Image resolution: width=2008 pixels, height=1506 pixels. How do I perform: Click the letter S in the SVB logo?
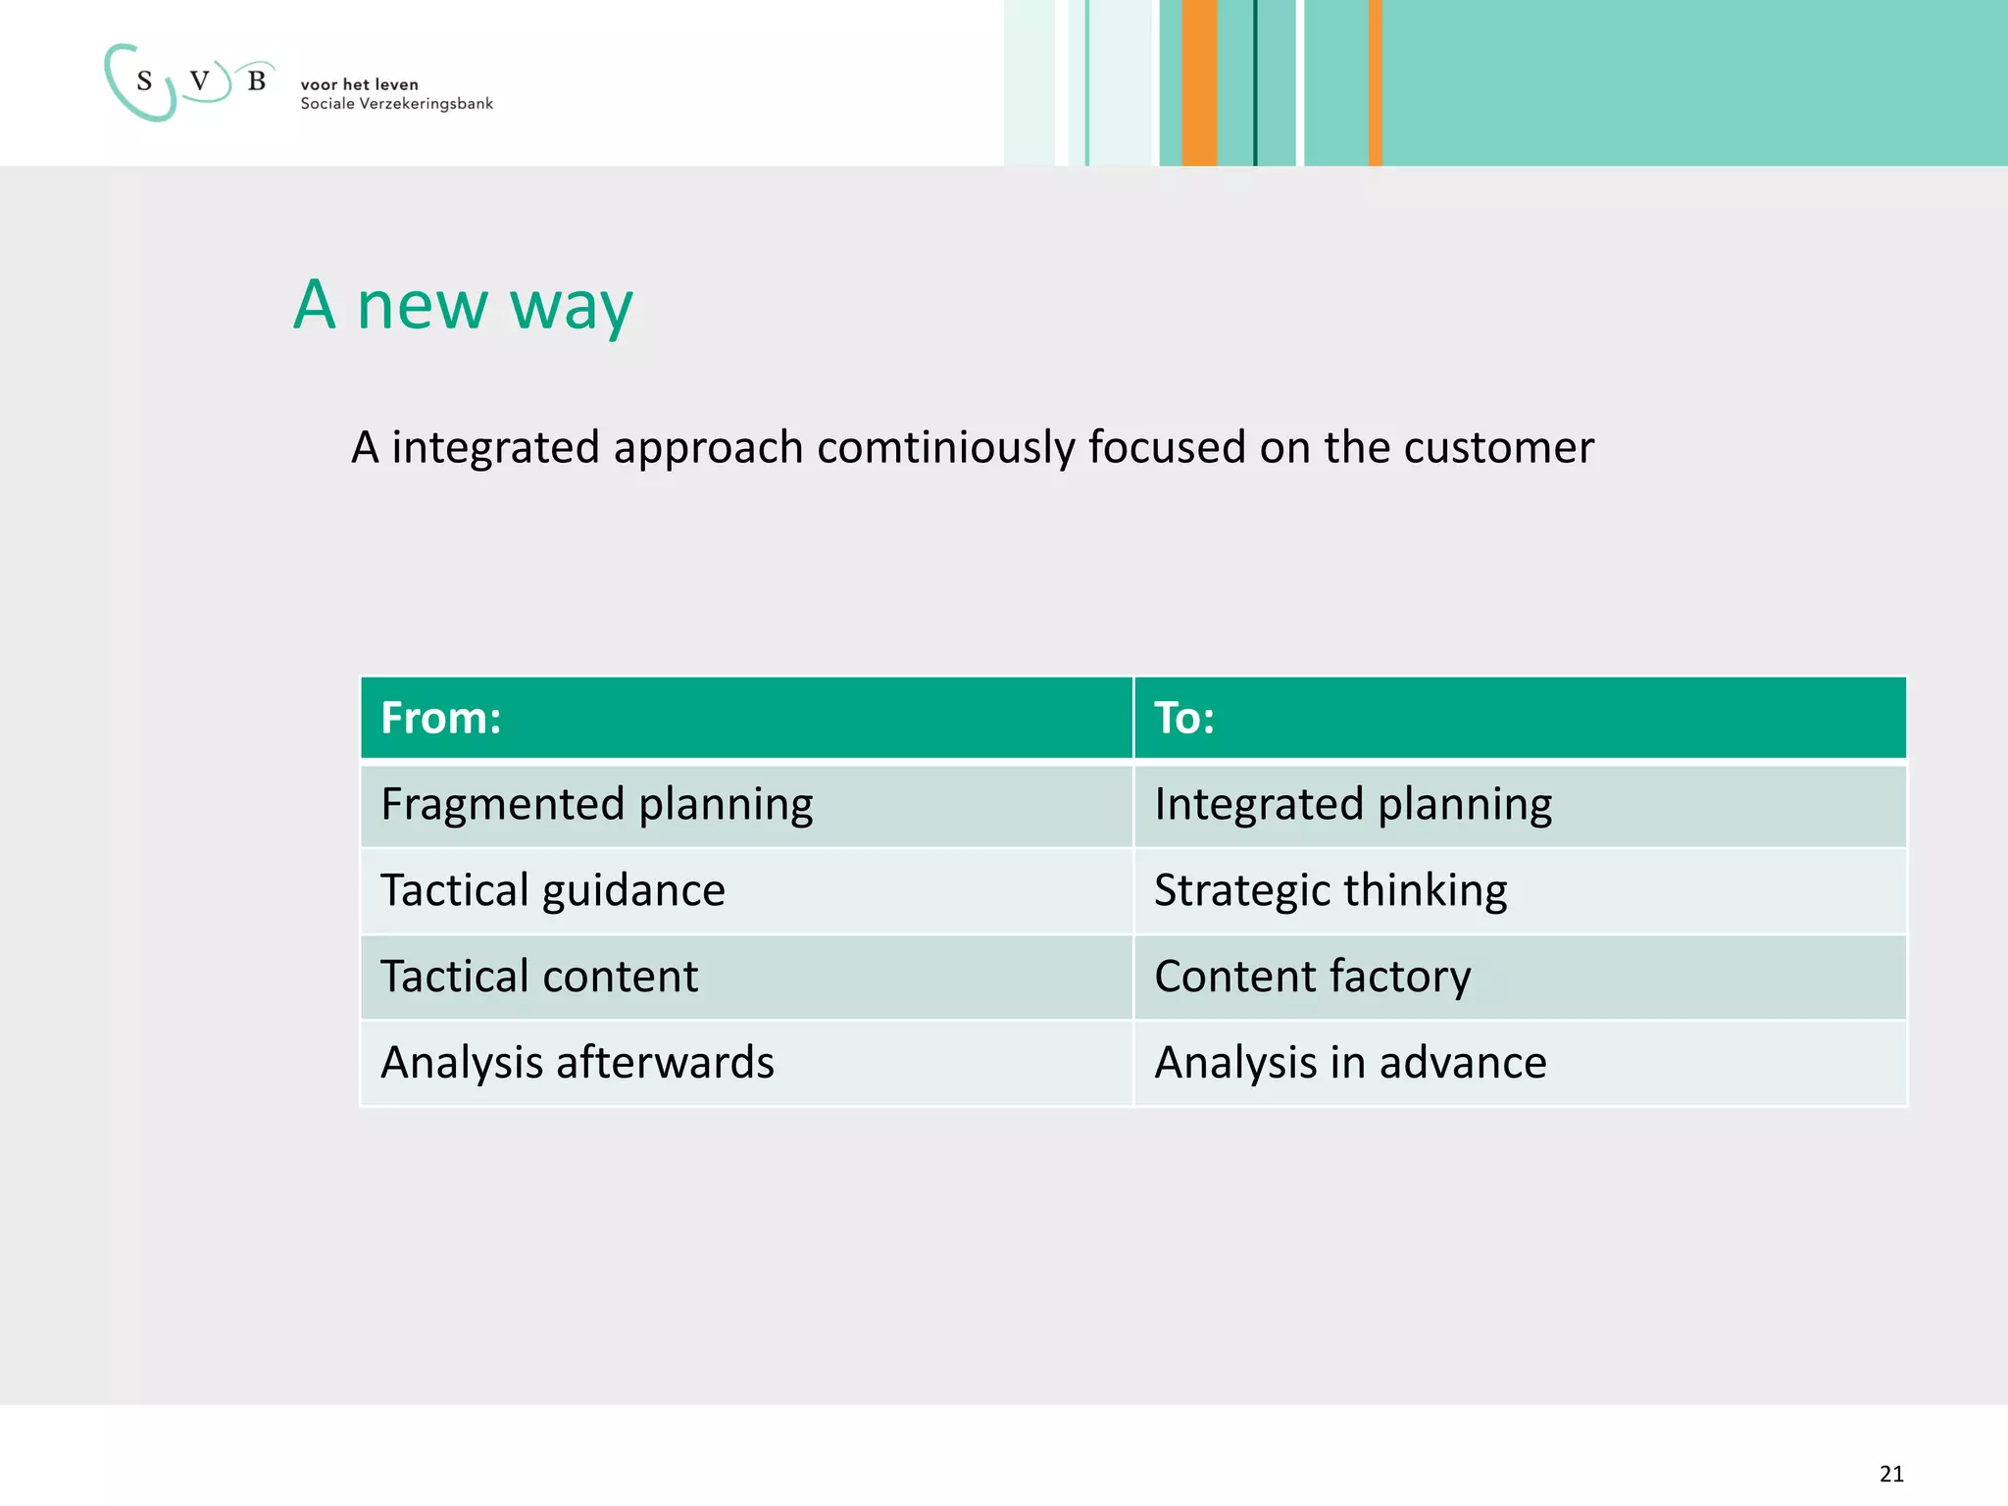144,81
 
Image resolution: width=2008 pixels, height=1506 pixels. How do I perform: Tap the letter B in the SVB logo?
257,81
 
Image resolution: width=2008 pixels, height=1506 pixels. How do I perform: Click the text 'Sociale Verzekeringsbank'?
396,104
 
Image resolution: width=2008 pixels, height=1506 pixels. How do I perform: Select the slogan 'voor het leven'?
359,84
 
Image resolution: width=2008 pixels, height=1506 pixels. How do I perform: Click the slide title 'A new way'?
464,305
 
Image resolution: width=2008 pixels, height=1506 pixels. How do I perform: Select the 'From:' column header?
441,718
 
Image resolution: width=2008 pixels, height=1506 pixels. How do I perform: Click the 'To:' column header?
1184,718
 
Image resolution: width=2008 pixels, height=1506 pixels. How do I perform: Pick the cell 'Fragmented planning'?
596,805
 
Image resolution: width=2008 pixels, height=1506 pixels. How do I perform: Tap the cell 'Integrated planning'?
1353,805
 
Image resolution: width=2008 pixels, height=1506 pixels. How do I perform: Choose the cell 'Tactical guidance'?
552,891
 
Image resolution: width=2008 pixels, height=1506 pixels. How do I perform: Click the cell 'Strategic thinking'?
1330,891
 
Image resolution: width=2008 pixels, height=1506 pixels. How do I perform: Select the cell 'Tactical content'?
539,977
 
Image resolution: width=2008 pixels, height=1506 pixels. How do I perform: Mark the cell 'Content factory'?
1313,977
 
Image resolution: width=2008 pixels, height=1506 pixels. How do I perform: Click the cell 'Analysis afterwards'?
577,1063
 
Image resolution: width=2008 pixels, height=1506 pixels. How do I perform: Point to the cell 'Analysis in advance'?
1350,1063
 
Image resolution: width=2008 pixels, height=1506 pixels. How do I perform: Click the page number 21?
1891,1474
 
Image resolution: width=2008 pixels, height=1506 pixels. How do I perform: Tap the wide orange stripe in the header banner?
1198,83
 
